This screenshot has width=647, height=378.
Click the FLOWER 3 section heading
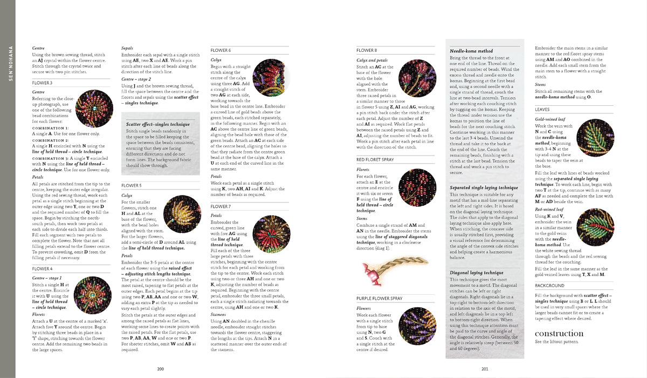(42, 83)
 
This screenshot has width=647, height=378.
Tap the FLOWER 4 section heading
(42, 268)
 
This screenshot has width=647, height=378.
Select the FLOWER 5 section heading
(132, 185)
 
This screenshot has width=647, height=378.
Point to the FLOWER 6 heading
(221, 50)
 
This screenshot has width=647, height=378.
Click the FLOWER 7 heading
(221, 207)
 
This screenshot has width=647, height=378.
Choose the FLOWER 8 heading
(367, 50)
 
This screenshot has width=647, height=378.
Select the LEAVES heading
(543, 109)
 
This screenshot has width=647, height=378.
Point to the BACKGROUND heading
(549, 286)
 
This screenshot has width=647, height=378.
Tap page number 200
(160, 369)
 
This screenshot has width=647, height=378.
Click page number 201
(484, 369)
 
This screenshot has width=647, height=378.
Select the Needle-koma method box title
(471, 51)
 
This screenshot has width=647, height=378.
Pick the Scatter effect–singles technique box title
(157, 124)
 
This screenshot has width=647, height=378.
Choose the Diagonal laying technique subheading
(477, 273)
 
